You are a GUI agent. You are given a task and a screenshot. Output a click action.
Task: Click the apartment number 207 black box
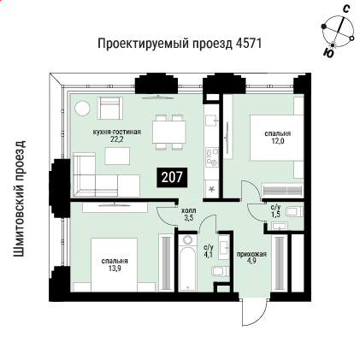coord(171,178)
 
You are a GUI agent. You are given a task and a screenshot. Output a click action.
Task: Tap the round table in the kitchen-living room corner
coord(82,109)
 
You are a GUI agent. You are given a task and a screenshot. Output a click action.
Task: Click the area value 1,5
coord(275,215)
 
